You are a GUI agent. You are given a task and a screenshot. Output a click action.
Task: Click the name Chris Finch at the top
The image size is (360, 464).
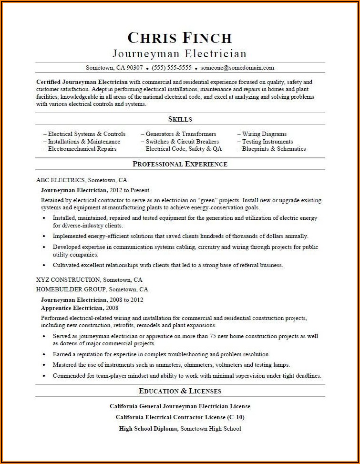[180, 38]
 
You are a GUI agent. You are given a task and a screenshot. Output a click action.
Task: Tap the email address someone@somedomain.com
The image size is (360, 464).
[237, 68]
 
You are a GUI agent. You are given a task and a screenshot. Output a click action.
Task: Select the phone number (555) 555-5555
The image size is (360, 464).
[172, 68]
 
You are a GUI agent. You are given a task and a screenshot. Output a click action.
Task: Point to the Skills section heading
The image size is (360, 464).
[180, 119]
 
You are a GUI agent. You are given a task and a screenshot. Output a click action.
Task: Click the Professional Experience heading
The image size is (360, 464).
[180, 164]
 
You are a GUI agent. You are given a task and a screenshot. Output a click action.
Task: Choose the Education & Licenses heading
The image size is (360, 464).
[180, 391]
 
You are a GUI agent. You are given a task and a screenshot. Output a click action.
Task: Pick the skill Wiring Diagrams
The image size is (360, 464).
[264, 134]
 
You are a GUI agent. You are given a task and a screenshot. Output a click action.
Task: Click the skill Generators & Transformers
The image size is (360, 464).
[180, 134]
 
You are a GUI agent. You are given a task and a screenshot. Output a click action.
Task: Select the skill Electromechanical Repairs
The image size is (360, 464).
[82, 149]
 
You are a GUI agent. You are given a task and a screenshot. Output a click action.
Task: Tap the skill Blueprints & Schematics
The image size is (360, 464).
[273, 149]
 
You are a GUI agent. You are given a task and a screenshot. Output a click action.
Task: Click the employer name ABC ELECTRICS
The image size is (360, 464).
[61, 180]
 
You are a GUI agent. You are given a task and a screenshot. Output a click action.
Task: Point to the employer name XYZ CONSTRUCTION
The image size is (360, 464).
[68, 280]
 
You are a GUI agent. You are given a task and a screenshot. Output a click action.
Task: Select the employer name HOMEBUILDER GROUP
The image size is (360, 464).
[71, 289]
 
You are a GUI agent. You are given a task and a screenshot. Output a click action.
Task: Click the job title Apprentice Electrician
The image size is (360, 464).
[73, 308]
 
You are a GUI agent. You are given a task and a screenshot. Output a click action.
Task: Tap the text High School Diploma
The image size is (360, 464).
[148, 428]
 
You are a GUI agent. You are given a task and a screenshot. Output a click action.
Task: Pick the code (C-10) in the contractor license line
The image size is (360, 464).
[235, 417]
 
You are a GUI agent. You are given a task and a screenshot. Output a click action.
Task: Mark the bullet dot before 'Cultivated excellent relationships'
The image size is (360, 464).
[44, 265]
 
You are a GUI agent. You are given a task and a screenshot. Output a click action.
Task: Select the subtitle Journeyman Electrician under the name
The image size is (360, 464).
[180, 53]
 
